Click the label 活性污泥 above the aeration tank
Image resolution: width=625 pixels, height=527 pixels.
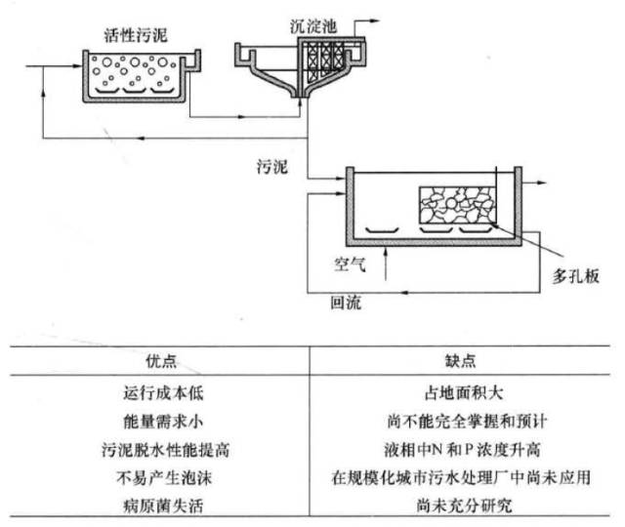coord(135,36)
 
